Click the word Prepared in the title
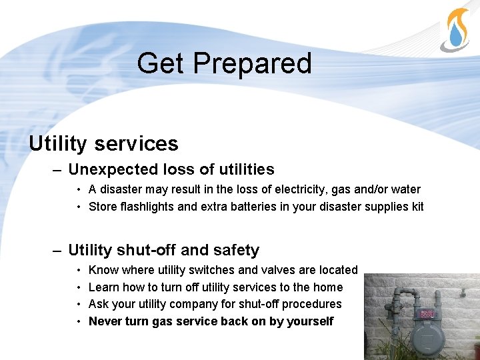tap(253, 63)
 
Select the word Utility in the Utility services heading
tap(57, 143)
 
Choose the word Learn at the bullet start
tap(104, 287)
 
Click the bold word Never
tap(105, 321)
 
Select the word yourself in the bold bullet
tap(309, 321)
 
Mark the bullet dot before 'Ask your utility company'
tap(79, 304)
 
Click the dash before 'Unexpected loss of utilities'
tap(59, 170)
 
